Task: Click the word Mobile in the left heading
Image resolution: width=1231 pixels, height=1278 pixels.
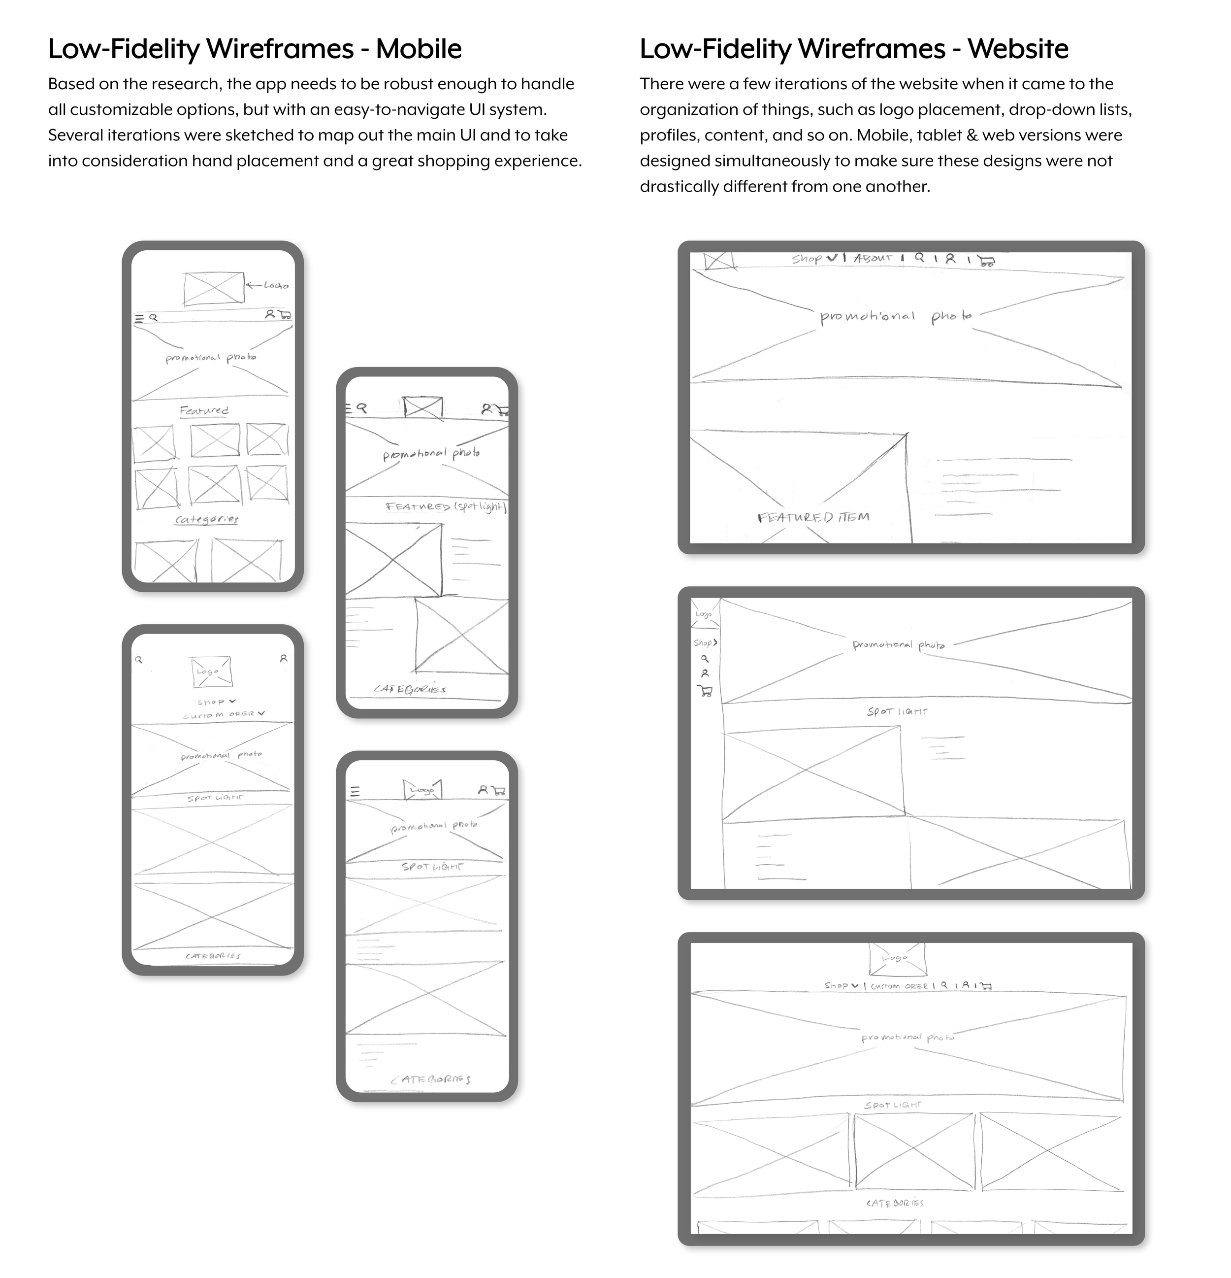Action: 419,49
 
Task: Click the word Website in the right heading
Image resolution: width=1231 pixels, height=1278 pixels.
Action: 1017,49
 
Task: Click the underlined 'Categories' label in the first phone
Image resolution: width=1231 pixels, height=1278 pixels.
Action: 207,520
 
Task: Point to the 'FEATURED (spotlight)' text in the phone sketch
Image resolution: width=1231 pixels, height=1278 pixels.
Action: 446,506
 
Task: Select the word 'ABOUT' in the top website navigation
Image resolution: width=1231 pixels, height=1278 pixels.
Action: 873,258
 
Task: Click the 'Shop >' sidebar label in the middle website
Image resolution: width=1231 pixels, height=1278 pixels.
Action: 705,643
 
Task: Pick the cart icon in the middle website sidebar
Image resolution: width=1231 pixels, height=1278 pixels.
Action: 705,691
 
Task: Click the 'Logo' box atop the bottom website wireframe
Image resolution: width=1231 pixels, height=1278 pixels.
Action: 897,959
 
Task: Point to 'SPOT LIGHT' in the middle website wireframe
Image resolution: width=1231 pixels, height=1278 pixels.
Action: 897,711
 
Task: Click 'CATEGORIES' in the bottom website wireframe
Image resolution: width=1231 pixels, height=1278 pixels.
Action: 895,1203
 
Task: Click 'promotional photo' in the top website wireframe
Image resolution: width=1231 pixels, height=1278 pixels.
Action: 895,317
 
